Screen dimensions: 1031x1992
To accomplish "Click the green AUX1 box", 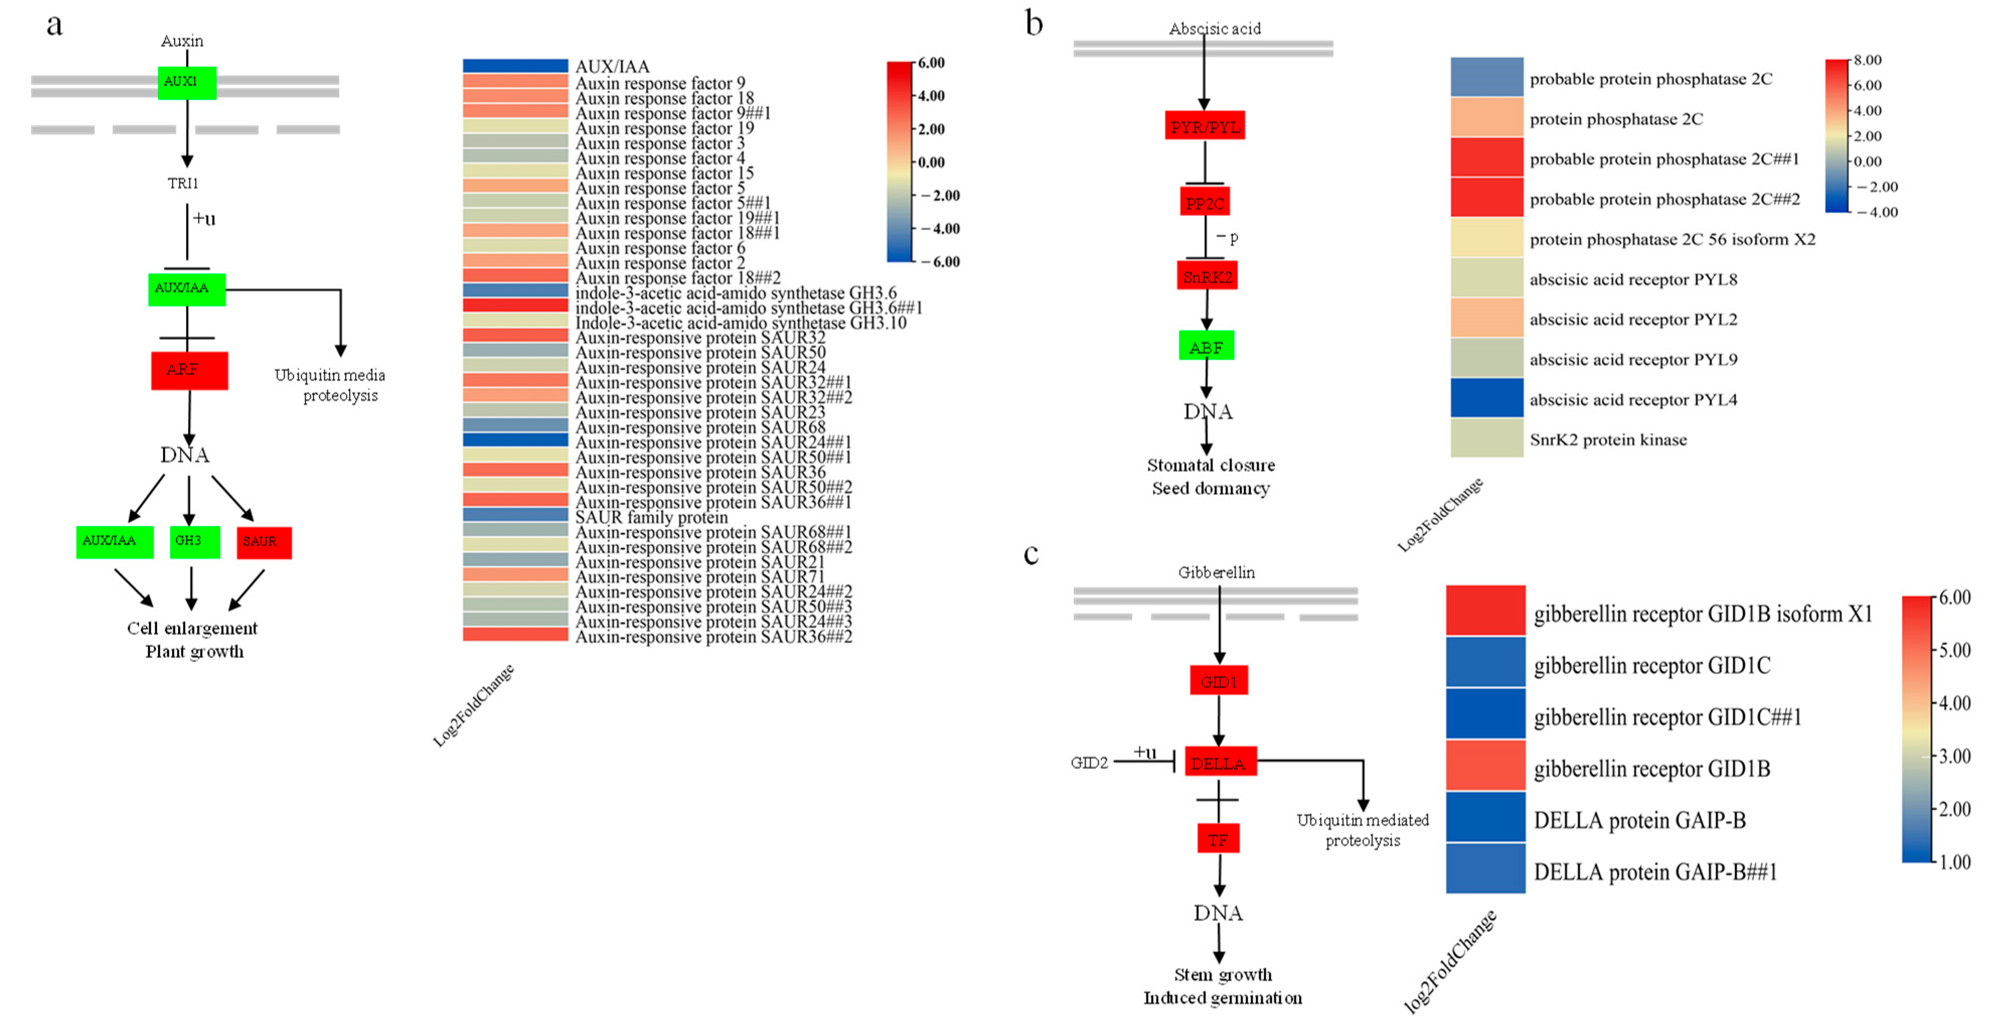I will point(186,82).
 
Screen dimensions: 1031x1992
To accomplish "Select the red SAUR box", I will point(264,542).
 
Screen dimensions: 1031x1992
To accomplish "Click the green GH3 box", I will point(194,541).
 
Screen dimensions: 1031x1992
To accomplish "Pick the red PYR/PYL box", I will point(1204,125).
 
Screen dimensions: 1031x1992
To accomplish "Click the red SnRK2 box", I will point(1206,276).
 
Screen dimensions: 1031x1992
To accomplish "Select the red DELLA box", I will point(1219,762).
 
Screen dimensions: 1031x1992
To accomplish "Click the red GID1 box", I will point(1218,680).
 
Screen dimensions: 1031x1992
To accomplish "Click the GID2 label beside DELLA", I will point(1089,763).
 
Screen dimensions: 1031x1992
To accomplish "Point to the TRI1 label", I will point(183,183).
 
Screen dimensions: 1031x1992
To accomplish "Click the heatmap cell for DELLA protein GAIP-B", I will point(1485,817).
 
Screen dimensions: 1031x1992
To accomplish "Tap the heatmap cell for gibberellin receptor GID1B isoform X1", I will point(1485,611).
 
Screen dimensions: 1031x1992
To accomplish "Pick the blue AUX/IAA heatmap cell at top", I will point(515,66).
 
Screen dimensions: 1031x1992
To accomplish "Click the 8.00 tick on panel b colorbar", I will point(1867,60).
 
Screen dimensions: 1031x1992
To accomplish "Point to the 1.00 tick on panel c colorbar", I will point(1955,862).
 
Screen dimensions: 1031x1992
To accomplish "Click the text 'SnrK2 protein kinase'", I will point(1608,440).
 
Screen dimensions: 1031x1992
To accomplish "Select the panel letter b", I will point(1034,23).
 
